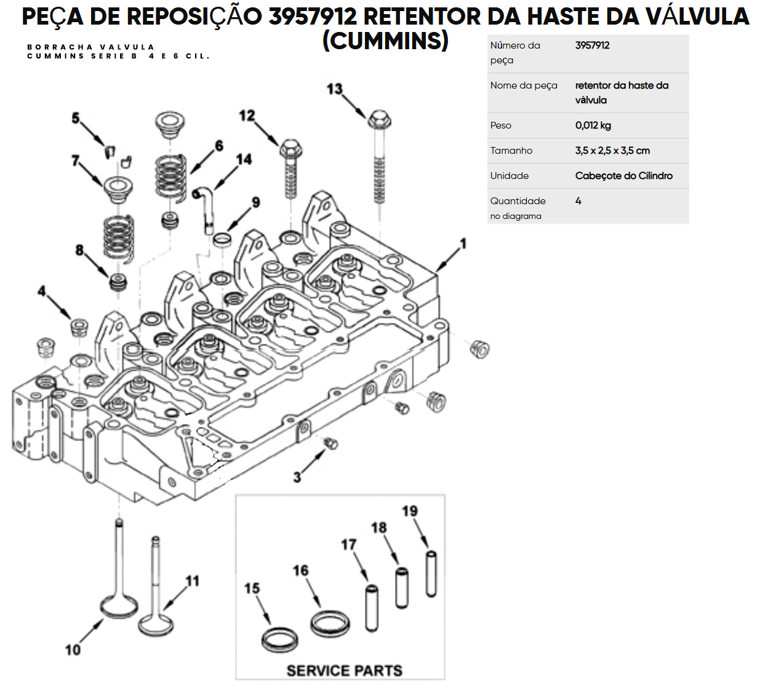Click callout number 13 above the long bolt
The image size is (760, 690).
[334, 90]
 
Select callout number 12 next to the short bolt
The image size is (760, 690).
[247, 116]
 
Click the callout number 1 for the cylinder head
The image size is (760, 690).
[463, 244]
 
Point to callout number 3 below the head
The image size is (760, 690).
[297, 477]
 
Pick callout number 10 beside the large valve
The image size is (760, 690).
[73, 649]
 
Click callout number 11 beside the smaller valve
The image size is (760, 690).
[193, 581]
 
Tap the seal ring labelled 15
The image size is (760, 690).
[280, 640]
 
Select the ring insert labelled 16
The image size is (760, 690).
[330, 624]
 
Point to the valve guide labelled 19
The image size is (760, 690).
[431, 574]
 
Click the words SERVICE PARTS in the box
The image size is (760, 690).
[344, 670]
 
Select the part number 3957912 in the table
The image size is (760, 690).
[592, 46]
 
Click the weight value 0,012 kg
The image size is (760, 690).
[593, 125]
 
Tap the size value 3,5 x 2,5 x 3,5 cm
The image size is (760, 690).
[612, 151]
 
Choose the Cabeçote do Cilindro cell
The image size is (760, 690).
[623, 176]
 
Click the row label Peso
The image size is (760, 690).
[501, 125]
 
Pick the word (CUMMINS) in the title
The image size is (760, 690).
[385, 41]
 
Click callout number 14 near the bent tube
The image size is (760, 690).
[244, 159]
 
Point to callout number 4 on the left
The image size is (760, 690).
[42, 290]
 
